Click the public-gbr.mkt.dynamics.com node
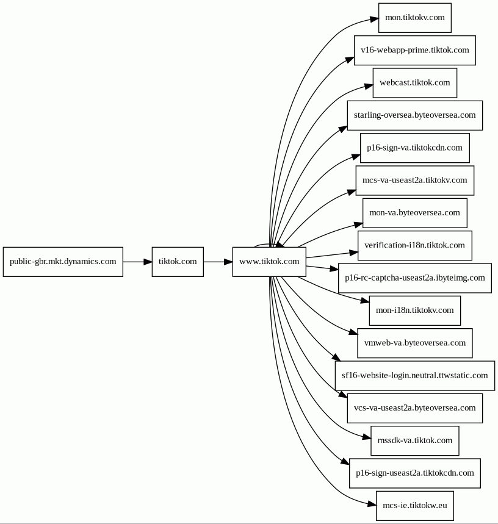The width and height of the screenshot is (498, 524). click(x=63, y=262)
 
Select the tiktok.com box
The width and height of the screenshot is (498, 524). click(x=178, y=262)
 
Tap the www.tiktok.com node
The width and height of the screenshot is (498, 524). click(x=269, y=262)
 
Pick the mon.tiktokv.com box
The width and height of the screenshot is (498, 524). click(x=415, y=18)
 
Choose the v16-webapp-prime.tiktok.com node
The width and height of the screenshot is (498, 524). click(x=415, y=50)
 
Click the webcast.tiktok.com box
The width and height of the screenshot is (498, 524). click(x=415, y=83)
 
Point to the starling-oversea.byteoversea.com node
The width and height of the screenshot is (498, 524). click(x=415, y=115)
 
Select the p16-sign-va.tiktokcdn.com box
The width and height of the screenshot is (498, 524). click(x=415, y=148)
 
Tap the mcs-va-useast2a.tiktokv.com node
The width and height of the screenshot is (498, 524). click(x=415, y=181)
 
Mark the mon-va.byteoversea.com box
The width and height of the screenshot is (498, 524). click(x=415, y=213)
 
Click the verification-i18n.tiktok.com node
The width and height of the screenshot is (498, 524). click(x=415, y=245)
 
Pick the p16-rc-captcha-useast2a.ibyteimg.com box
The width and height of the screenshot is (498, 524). click(x=415, y=278)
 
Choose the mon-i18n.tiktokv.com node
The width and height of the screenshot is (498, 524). click(x=415, y=310)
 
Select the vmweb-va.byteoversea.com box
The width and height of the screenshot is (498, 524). click(x=415, y=343)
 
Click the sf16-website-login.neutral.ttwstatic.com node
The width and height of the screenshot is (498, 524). click(x=415, y=376)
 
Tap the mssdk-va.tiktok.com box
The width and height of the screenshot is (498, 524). click(x=415, y=440)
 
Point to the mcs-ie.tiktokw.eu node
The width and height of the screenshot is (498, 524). click(x=415, y=506)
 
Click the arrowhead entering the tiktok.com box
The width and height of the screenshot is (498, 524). click(x=148, y=262)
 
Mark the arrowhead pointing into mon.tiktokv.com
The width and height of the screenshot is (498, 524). click(x=374, y=19)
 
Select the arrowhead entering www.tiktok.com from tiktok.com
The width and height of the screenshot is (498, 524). click(x=229, y=262)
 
